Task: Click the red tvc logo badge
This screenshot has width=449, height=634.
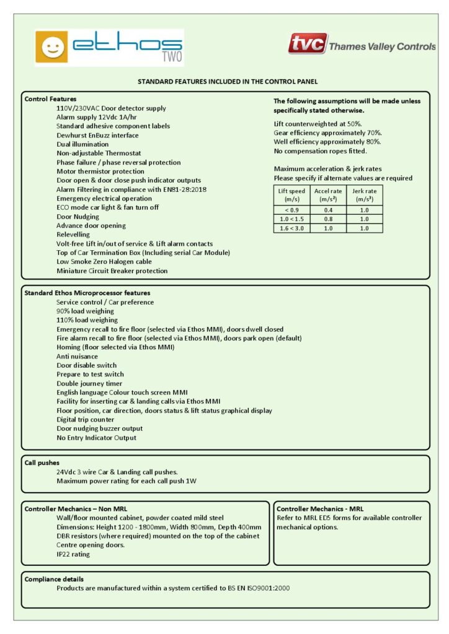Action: pos(307,44)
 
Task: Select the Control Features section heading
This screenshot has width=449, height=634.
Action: pos(50,99)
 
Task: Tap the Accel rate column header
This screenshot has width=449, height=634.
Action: pos(328,195)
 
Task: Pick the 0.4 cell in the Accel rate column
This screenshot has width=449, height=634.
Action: pos(328,210)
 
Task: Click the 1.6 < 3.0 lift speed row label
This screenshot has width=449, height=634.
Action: pos(291,228)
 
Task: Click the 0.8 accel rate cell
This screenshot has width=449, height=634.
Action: pos(328,219)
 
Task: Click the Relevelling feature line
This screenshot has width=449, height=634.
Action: pos(74,235)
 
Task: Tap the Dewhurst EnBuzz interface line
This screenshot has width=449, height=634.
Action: pos(97,135)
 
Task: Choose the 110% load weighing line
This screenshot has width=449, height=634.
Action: pos(87,320)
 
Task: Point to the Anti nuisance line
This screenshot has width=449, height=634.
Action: pos(77,356)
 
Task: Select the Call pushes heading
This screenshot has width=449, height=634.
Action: pos(42,462)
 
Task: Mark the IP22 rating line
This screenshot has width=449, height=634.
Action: pos(73,554)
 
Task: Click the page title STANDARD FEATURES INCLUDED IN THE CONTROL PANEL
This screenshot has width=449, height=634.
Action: pos(227,81)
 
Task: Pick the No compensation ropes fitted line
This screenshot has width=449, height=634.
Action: pos(320,150)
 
